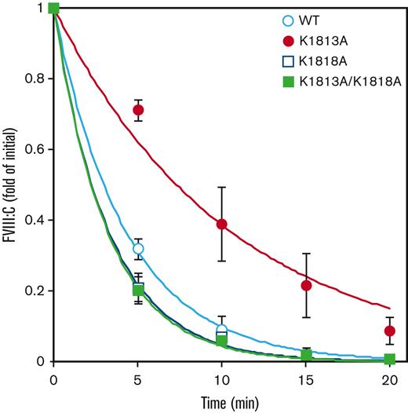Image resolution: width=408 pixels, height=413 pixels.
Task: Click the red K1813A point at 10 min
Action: pos(222,224)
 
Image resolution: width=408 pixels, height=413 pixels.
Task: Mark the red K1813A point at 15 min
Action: pos(306,285)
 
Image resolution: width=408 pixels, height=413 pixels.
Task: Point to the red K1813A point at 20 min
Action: pos(390,331)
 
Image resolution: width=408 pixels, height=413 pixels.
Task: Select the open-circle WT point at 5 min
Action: pos(138,248)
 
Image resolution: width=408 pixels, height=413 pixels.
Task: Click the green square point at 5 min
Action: pos(138,291)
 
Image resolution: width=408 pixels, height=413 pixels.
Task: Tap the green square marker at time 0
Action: pos(53,9)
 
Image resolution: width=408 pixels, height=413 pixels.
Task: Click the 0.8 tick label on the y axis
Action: pos(35,79)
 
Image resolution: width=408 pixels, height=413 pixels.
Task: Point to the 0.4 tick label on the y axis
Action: pos(35,220)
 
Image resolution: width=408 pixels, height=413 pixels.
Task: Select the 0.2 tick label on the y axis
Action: pos(35,291)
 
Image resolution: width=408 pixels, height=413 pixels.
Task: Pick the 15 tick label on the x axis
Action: pos(306,376)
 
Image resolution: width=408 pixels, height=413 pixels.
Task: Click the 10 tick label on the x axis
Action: pos(222,376)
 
